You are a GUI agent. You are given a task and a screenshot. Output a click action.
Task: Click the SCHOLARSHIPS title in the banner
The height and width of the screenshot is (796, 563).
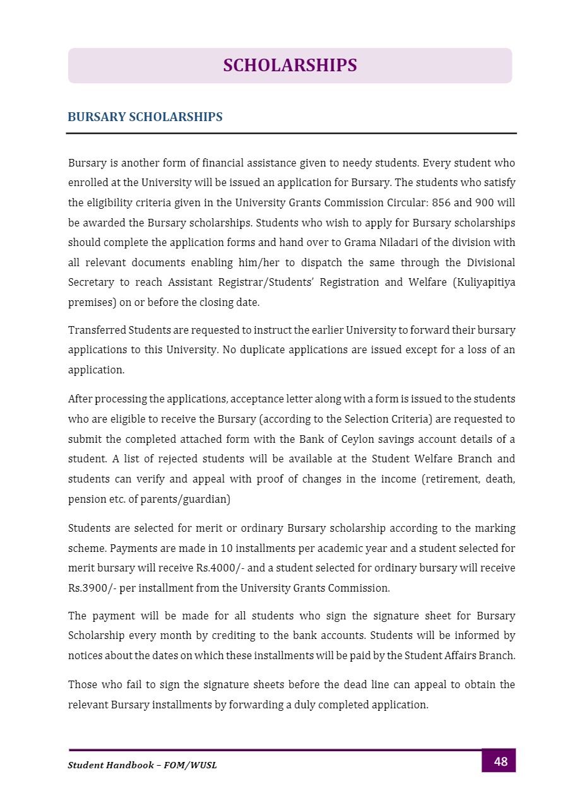tap(290, 66)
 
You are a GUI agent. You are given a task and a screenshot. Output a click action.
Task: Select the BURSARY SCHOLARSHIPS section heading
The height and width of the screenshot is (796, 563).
tap(145, 117)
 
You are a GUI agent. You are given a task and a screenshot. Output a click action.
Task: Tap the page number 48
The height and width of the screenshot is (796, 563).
tap(500, 761)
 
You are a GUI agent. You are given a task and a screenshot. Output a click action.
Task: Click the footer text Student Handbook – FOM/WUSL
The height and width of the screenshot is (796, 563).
tap(142, 765)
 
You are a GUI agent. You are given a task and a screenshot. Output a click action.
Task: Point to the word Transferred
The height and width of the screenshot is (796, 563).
tap(97, 330)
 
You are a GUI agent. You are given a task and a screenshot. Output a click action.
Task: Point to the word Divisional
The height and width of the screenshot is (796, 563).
tap(490, 262)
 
